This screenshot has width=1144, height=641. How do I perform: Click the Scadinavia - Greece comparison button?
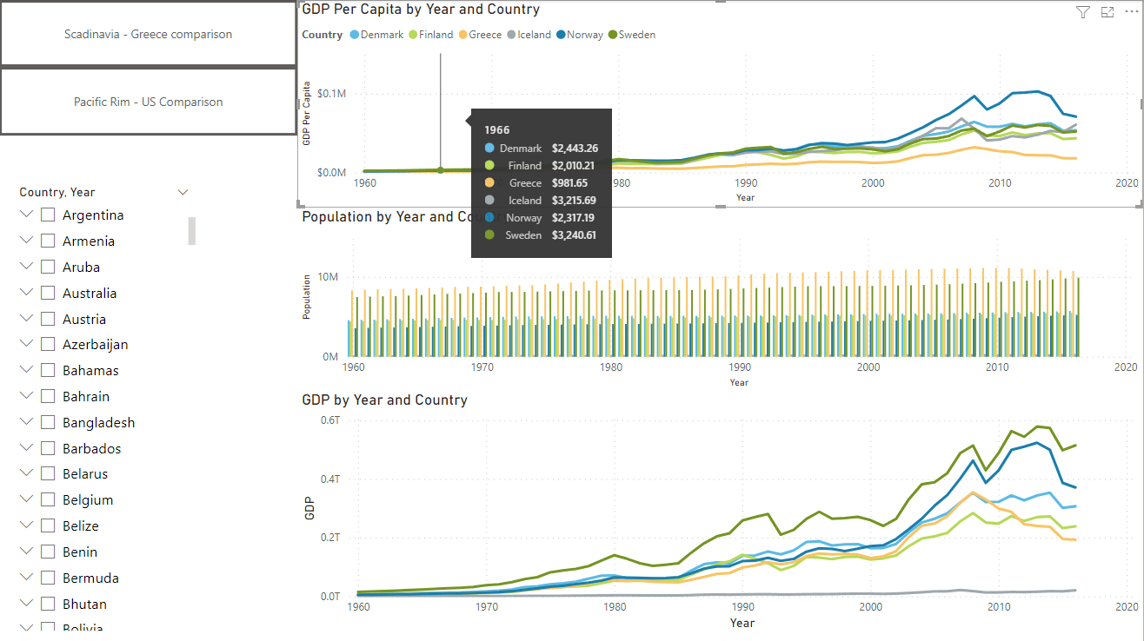148,34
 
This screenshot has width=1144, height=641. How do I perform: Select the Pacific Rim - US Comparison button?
148,102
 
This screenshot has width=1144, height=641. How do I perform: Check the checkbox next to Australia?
49,293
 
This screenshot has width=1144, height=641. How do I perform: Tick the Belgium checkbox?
49,499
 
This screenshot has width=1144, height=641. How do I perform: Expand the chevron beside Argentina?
26,215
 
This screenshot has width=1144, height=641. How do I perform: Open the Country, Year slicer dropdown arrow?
183,192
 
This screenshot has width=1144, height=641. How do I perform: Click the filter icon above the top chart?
1082,12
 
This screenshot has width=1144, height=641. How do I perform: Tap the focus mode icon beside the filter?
1107,12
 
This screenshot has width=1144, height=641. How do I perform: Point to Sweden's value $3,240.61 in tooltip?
574,235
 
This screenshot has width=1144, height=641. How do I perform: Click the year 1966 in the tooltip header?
497,129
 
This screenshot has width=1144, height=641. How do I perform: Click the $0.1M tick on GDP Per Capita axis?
331,94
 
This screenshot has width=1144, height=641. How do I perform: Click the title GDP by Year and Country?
384,400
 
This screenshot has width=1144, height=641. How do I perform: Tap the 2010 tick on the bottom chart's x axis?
998,606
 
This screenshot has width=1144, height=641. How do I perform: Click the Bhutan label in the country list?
84,604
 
